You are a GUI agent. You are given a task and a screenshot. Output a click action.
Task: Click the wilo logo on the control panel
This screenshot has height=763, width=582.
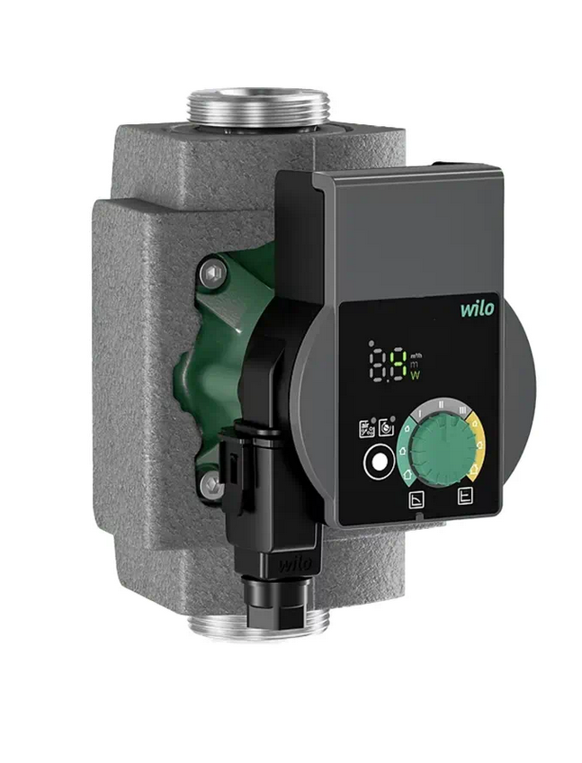pos(478,310)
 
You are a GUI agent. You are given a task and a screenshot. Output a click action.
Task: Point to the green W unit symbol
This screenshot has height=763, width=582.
pos(416,375)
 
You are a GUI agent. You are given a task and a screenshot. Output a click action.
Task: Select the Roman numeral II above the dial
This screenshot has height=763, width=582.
pos(441,405)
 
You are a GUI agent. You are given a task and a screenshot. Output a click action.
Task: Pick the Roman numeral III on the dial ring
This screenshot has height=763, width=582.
pos(462,410)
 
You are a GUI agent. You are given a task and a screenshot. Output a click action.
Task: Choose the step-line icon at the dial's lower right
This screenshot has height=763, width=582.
pos(464,496)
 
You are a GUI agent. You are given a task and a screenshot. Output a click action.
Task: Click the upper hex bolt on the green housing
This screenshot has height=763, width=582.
pos(210,270)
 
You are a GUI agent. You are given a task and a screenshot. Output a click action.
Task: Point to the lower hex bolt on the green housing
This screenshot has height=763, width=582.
pos(210,485)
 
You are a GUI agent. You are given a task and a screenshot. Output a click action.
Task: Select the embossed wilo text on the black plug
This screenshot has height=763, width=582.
pos(292,565)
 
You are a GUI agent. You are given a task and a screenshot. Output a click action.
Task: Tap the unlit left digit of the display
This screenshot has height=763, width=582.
pos(378,364)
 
